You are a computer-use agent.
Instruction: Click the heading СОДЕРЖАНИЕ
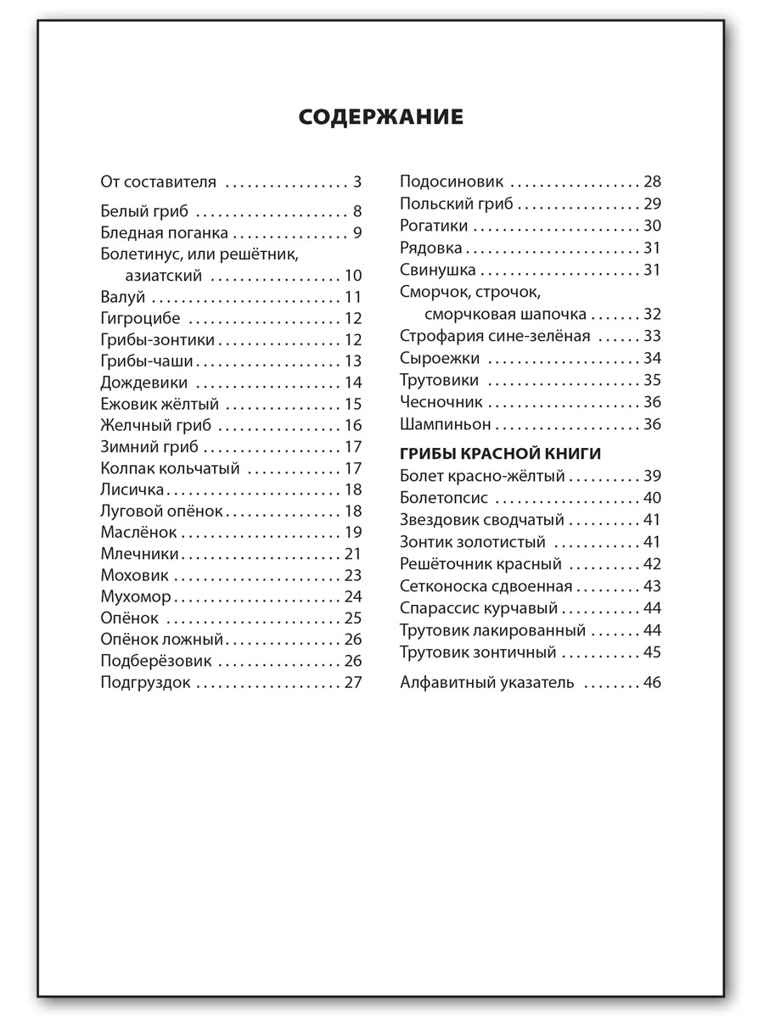381,116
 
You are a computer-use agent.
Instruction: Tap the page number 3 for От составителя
357,182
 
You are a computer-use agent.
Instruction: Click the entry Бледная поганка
164,233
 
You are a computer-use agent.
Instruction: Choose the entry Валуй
123,297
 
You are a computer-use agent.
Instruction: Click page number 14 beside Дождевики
353,383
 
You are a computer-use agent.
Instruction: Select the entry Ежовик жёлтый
160,404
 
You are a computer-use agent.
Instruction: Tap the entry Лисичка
132,489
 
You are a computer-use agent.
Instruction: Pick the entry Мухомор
136,596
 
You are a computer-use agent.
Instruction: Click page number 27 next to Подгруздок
353,681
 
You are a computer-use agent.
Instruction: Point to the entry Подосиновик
452,182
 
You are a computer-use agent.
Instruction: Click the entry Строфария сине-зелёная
495,336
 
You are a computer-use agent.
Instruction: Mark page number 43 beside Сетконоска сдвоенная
652,586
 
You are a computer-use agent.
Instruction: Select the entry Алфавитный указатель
487,681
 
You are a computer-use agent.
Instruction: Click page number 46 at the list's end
652,681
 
